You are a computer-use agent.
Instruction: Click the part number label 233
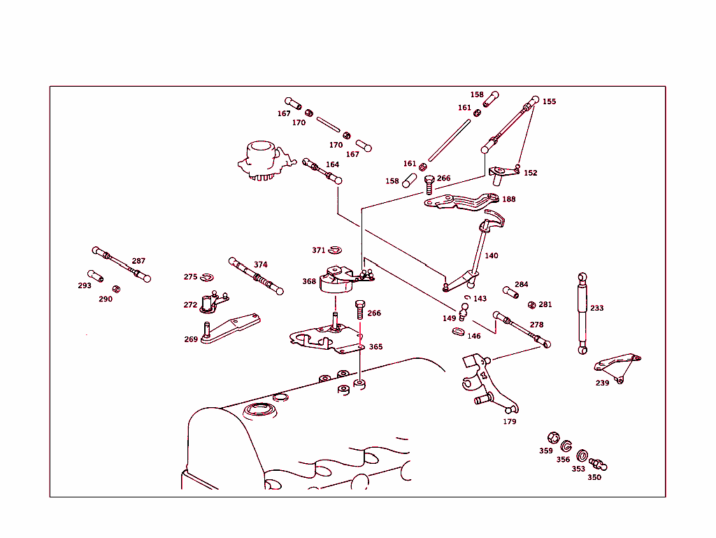(x=596, y=308)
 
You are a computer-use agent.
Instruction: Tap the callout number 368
(x=309, y=281)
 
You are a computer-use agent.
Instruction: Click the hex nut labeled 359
(x=553, y=438)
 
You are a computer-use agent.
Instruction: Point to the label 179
(x=510, y=422)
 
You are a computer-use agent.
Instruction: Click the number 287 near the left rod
(x=138, y=261)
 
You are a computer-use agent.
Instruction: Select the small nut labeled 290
(x=117, y=288)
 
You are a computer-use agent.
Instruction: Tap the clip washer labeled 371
(x=336, y=250)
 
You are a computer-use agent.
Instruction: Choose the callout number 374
(x=260, y=264)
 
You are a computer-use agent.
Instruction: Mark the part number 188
(x=509, y=199)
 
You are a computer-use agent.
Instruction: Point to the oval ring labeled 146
(x=458, y=332)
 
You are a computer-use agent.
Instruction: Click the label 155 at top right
(x=550, y=101)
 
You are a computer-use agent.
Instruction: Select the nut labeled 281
(x=531, y=304)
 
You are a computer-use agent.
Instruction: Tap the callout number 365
(x=375, y=346)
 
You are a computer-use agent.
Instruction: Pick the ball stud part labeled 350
(x=598, y=464)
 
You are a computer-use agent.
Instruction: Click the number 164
(x=332, y=165)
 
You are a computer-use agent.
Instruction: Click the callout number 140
(x=492, y=256)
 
